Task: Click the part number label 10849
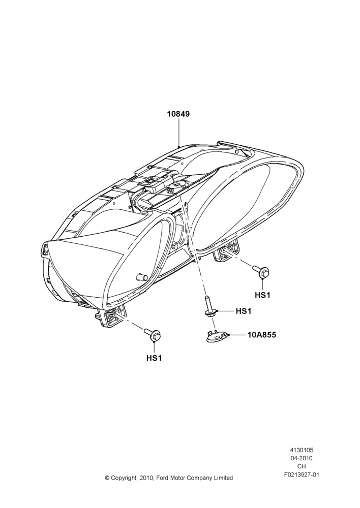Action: click(x=178, y=114)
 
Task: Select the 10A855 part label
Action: click(x=262, y=335)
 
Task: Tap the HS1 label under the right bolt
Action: click(x=262, y=295)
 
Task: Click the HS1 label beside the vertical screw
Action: click(x=243, y=311)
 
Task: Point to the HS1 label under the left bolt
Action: click(x=154, y=358)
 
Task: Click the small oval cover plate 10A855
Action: click(x=217, y=336)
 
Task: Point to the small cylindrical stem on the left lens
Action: click(x=140, y=276)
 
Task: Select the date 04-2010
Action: click(x=302, y=458)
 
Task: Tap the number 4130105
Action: click(x=302, y=450)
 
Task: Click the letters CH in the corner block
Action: click(x=302, y=466)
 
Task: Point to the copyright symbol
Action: click(x=107, y=478)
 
